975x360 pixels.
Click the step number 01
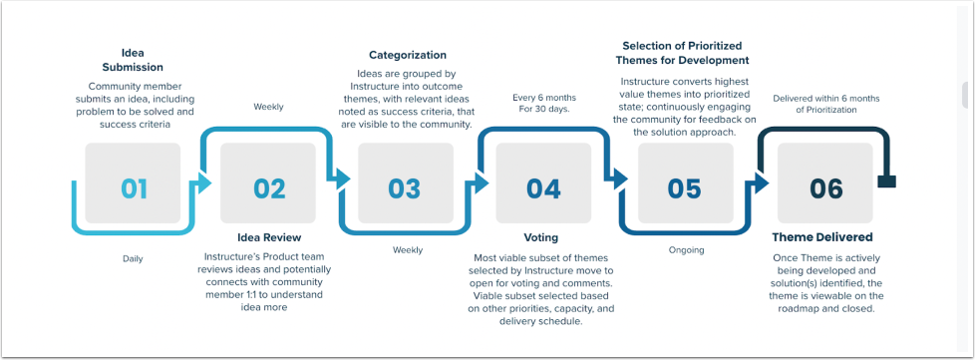(x=134, y=188)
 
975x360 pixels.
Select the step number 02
(x=269, y=188)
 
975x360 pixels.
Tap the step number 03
(x=404, y=188)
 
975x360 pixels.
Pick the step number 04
(x=543, y=188)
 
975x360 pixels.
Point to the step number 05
(x=684, y=188)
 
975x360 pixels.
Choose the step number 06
(x=825, y=188)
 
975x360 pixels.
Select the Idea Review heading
(x=269, y=237)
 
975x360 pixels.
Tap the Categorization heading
(x=408, y=55)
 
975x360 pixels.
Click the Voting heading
(x=541, y=237)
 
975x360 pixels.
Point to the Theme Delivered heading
(x=822, y=237)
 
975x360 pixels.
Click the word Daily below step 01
(x=133, y=258)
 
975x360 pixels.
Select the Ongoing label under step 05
(x=687, y=250)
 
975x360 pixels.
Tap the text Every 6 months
(x=544, y=98)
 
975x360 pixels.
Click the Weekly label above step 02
(x=268, y=107)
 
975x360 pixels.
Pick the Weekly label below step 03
(x=408, y=250)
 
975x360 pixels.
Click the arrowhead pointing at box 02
(x=204, y=182)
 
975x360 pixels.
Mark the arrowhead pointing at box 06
(x=761, y=182)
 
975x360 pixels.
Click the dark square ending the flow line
(x=886, y=181)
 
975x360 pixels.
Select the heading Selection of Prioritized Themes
(x=682, y=54)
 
